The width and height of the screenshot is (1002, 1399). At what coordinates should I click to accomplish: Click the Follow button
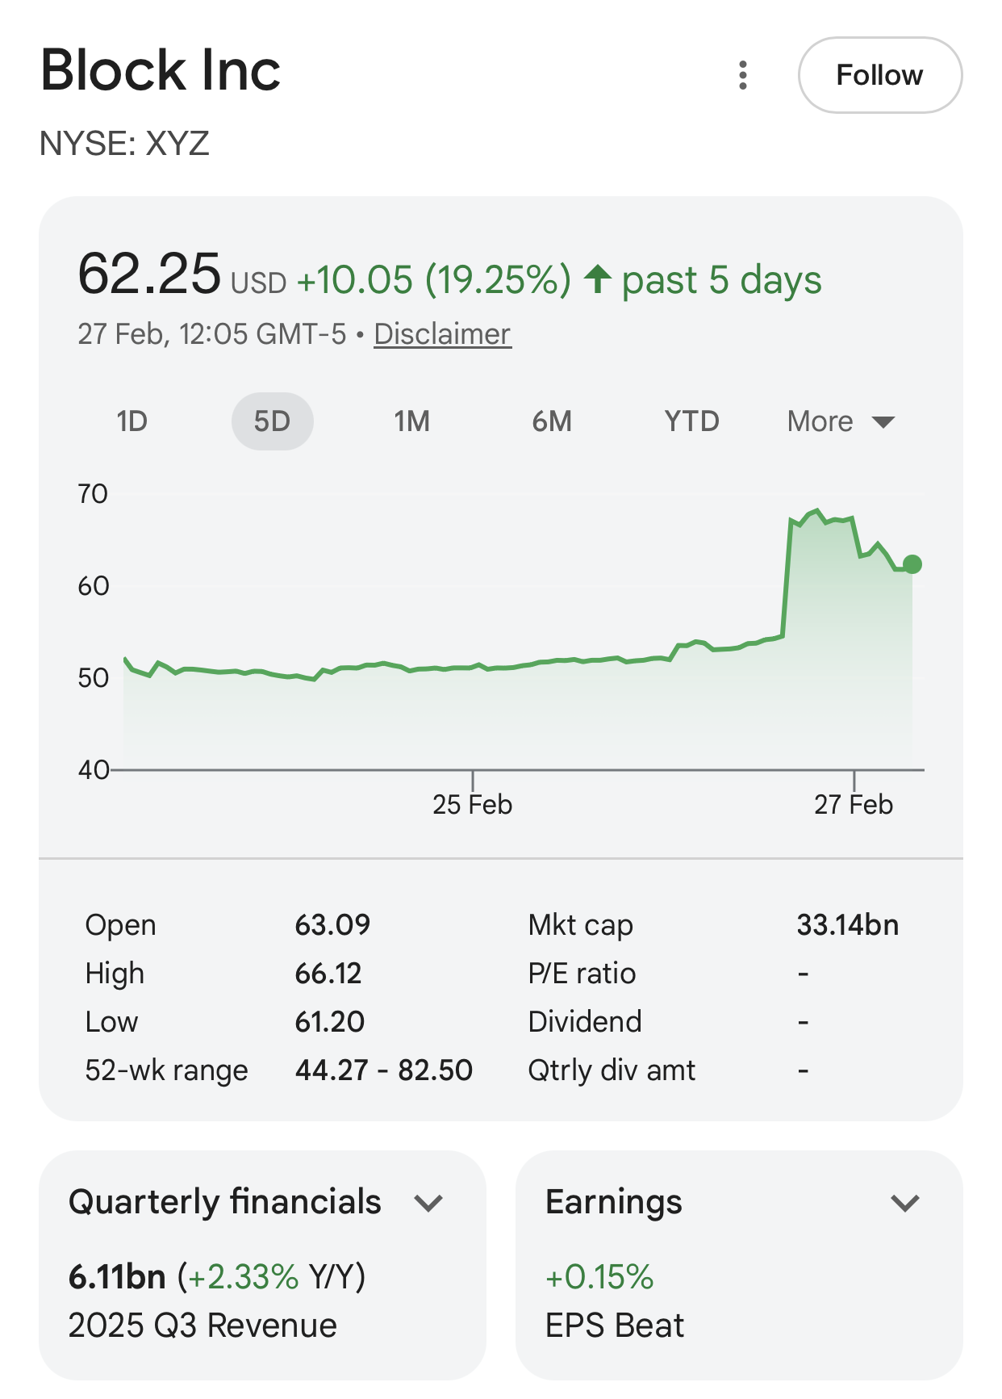coord(879,75)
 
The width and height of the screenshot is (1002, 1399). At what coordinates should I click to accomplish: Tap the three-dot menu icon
coord(743,75)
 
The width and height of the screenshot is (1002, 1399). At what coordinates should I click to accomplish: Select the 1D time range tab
coord(132,421)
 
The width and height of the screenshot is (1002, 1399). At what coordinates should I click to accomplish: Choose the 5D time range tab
coord(272,421)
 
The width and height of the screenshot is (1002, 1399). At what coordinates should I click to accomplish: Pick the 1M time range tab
coord(411,421)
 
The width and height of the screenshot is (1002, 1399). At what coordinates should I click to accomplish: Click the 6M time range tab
coord(552,421)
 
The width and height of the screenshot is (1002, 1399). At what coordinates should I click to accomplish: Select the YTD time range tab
coord(691,421)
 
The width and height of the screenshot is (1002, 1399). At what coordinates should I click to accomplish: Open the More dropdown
coord(840,421)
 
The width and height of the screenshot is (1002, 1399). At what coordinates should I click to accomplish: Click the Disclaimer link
coord(442,334)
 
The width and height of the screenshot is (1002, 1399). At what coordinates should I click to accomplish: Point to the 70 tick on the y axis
coord(93,494)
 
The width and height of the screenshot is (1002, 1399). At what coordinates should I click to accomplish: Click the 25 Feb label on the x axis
coord(472,805)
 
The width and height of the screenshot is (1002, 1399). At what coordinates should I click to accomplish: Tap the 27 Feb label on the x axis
coord(854,805)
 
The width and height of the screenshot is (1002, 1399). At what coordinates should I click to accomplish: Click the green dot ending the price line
coord(912,564)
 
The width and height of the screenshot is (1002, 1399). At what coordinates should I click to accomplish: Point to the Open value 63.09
coord(332,925)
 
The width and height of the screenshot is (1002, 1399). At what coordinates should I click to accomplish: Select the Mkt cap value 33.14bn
coord(847,925)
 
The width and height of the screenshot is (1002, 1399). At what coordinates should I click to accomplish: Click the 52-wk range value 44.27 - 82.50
coord(383,1070)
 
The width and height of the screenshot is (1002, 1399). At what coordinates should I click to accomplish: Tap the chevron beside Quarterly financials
coord(428,1203)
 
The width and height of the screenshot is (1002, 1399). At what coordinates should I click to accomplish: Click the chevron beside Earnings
coord(905,1203)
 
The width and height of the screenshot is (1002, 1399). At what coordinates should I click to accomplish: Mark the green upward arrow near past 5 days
coord(598,279)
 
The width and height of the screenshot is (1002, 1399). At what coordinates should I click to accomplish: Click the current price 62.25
coord(149,274)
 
